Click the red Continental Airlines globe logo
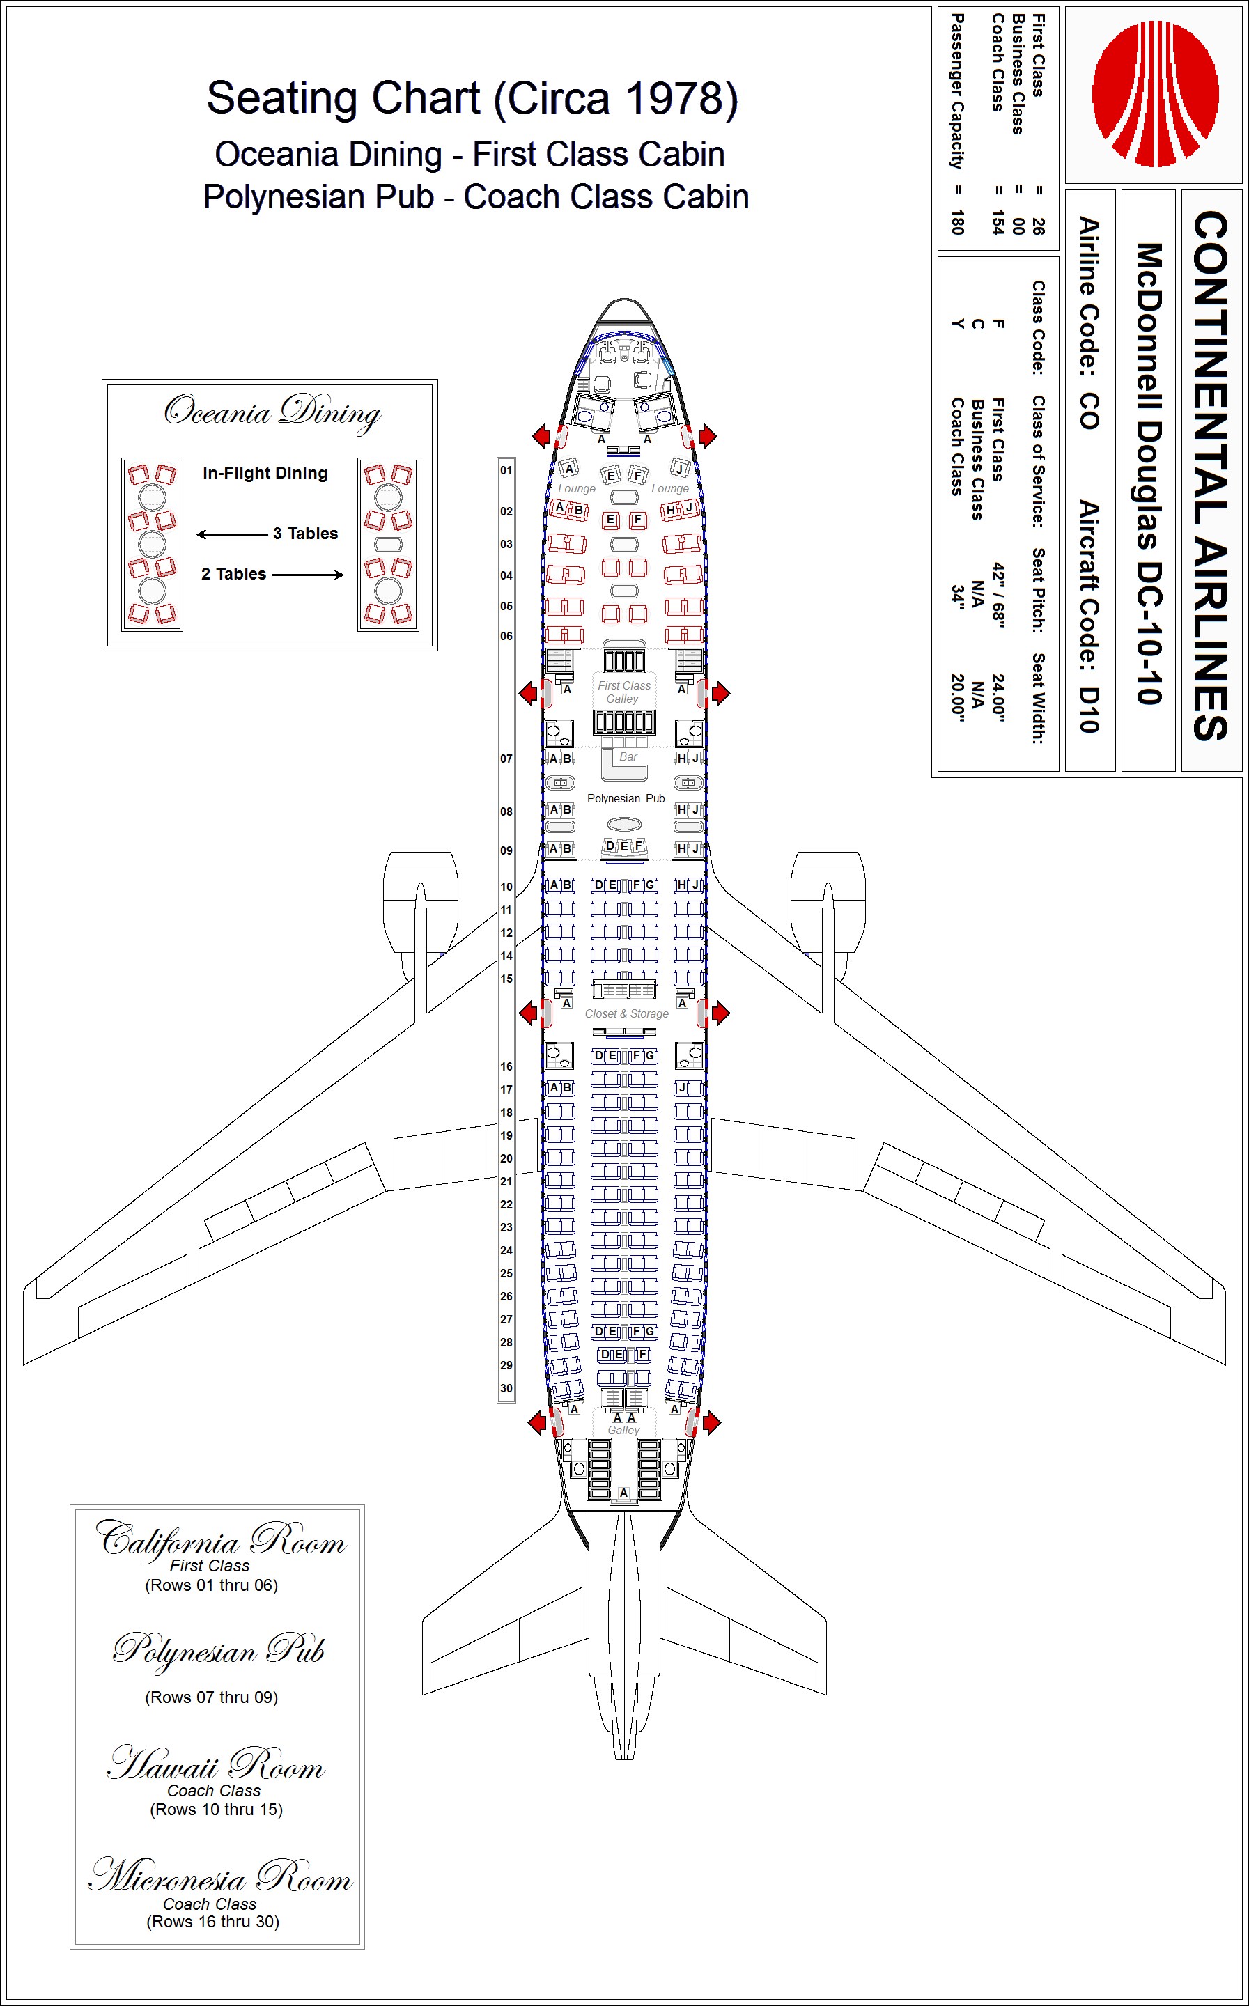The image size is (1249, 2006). [x=1155, y=93]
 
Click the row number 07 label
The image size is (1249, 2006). [x=506, y=758]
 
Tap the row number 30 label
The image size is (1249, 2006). [x=506, y=1388]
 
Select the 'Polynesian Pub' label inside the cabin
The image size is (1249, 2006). [x=626, y=799]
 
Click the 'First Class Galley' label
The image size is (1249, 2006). [x=623, y=692]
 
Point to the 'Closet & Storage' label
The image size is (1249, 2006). [x=626, y=1013]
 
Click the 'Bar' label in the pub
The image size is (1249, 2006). [x=628, y=756]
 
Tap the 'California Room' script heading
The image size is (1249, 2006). [x=221, y=1539]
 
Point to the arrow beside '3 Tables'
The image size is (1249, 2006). [x=232, y=534]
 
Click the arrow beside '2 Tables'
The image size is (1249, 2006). [x=308, y=575]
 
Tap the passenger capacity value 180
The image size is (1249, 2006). [x=957, y=222]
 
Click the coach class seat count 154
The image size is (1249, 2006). [x=998, y=222]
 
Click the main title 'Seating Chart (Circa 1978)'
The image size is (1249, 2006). [x=472, y=98]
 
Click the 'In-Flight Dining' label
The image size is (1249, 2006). [x=265, y=473]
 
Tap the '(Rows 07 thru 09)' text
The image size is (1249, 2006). [x=212, y=1697]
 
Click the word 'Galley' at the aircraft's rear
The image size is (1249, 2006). [x=623, y=1431]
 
